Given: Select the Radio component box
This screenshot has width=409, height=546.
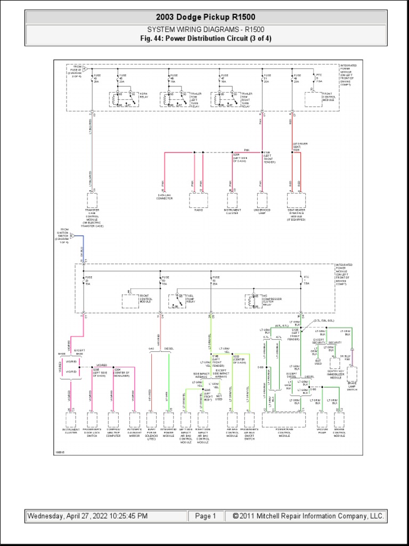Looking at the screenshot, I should point(197,200).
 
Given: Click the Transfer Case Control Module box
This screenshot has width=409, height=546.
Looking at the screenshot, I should point(92,200).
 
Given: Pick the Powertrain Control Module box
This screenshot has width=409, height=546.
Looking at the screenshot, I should point(284,420).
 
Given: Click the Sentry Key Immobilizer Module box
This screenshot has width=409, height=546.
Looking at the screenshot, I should point(334,363).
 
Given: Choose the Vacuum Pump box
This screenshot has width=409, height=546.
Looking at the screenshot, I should point(322,420).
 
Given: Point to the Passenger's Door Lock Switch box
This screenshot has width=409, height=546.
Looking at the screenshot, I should point(91,420).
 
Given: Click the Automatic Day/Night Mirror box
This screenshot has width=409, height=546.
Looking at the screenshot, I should point(134,420).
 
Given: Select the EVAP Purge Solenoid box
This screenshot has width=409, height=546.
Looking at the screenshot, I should point(152,420).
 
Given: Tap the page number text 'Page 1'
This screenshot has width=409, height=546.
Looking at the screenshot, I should point(206,516).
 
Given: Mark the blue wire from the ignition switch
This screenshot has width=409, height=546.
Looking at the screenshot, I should point(82,249).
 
